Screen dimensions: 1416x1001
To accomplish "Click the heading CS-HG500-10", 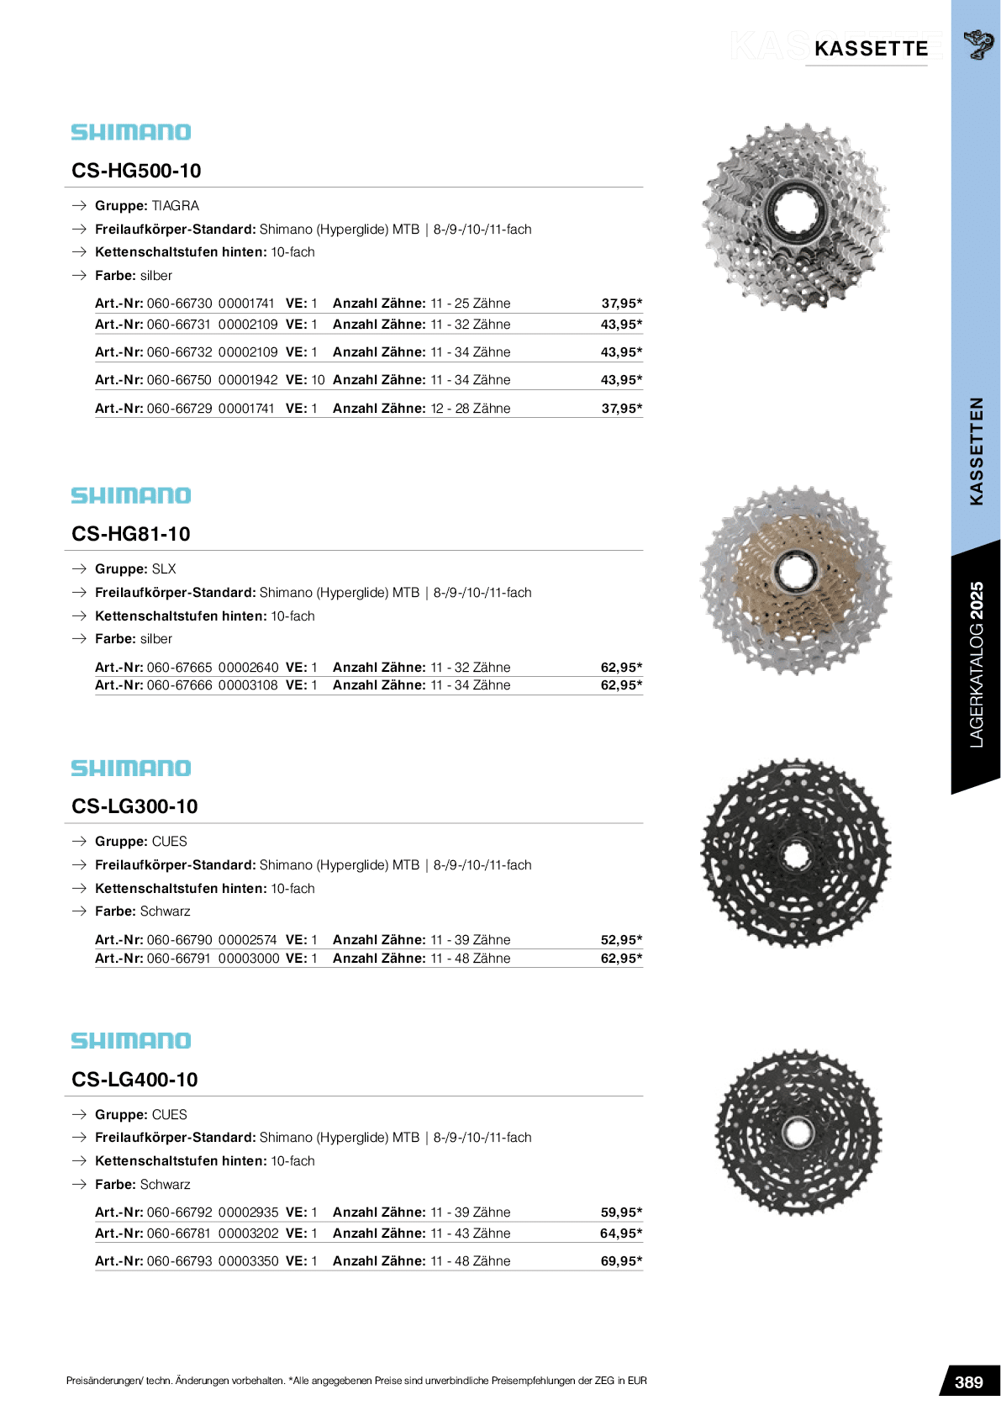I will (136, 171).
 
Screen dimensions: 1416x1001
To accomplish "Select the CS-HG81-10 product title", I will (131, 534).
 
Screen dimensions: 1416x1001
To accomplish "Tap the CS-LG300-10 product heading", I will (134, 806).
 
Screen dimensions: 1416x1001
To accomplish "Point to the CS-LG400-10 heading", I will (134, 1080).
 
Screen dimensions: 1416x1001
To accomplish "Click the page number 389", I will (968, 1382).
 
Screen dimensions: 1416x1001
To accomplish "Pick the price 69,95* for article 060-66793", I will (621, 1261).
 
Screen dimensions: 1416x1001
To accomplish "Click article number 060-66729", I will (179, 409).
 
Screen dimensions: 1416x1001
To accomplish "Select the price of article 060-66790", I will (621, 940).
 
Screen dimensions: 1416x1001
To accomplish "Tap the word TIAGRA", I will (176, 206).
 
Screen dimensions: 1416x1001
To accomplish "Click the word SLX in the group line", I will (164, 569).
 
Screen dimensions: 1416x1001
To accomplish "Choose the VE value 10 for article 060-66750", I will (318, 380).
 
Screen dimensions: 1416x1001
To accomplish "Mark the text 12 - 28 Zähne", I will (471, 409).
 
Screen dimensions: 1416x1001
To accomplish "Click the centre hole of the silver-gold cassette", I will (794, 573).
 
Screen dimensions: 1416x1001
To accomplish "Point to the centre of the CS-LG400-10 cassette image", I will (798, 1133).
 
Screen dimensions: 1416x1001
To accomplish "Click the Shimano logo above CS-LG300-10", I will (131, 769).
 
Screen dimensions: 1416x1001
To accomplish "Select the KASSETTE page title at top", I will (871, 49).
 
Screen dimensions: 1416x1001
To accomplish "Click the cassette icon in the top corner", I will (977, 44).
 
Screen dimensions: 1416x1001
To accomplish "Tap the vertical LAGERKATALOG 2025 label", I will (976, 664).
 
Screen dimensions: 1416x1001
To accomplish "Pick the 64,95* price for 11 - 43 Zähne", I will (621, 1234).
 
